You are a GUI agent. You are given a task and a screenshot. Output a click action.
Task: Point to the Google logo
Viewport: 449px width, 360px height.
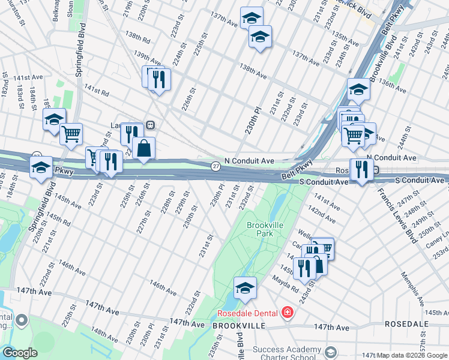(19, 353)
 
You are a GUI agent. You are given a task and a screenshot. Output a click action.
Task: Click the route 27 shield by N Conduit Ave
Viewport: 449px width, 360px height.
(215, 166)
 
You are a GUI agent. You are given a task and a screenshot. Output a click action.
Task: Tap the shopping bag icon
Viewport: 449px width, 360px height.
(144, 148)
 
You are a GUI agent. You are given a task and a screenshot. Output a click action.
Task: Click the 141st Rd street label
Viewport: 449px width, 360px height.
(96, 91)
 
